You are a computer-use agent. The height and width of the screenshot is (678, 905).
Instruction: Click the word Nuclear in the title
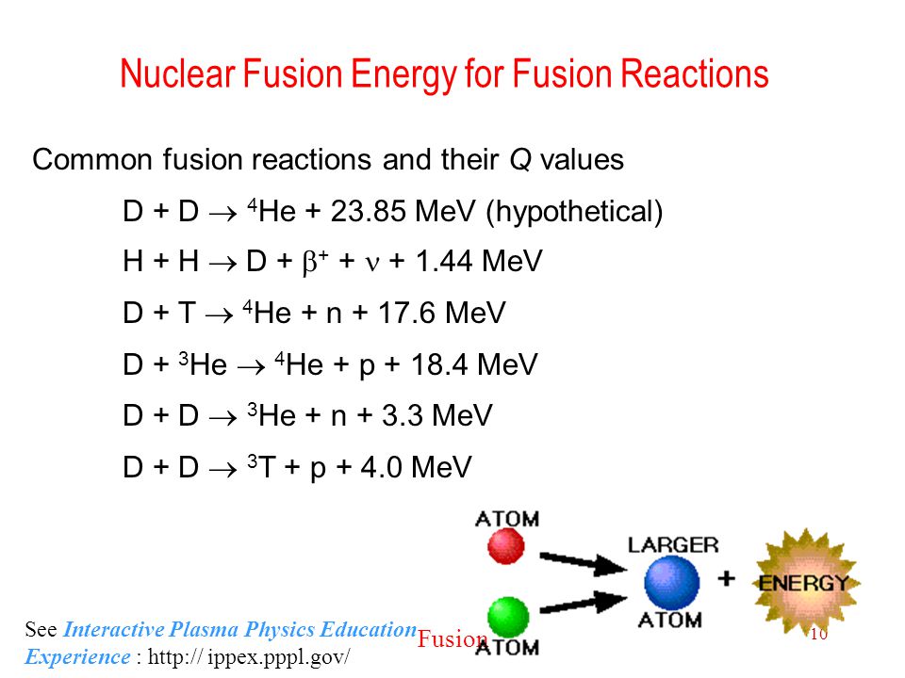click(178, 73)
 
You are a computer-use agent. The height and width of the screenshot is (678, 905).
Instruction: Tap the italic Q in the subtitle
click(520, 160)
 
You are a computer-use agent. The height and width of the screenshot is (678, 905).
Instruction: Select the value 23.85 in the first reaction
click(368, 211)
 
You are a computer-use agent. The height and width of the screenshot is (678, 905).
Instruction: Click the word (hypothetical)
click(574, 212)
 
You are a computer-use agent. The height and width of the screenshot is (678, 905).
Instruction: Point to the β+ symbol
click(316, 263)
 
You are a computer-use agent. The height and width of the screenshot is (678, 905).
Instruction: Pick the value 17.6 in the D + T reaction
click(405, 313)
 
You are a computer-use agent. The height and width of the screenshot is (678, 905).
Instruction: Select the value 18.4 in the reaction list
click(438, 364)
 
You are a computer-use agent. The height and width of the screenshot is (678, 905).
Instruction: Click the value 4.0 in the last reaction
click(381, 467)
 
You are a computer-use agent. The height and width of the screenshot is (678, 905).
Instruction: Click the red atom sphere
click(506, 546)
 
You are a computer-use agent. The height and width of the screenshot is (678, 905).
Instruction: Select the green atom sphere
click(508, 616)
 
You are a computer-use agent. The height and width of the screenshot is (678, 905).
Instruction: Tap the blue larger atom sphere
click(671, 584)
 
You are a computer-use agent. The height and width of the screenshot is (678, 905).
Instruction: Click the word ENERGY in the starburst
click(803, 583)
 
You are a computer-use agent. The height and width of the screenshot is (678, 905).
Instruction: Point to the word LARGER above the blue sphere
click(673, 545)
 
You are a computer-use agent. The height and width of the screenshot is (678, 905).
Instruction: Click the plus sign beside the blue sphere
click(726, 578)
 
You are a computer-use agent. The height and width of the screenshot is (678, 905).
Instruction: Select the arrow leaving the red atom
click(583, 563)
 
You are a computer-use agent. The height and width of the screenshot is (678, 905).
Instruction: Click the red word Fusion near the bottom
click(452, 638)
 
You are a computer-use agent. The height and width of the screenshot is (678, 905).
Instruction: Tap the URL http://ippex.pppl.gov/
click(249, 656)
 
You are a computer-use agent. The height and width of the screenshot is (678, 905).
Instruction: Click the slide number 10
click(818, 634)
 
